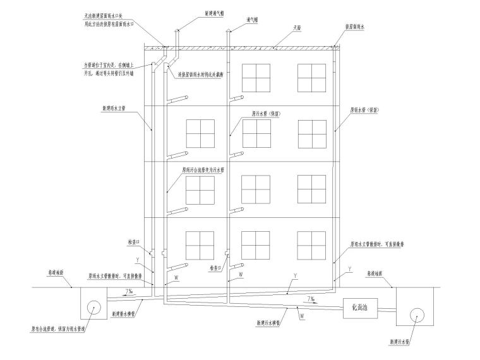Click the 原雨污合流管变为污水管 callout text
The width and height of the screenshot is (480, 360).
[203, 169]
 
